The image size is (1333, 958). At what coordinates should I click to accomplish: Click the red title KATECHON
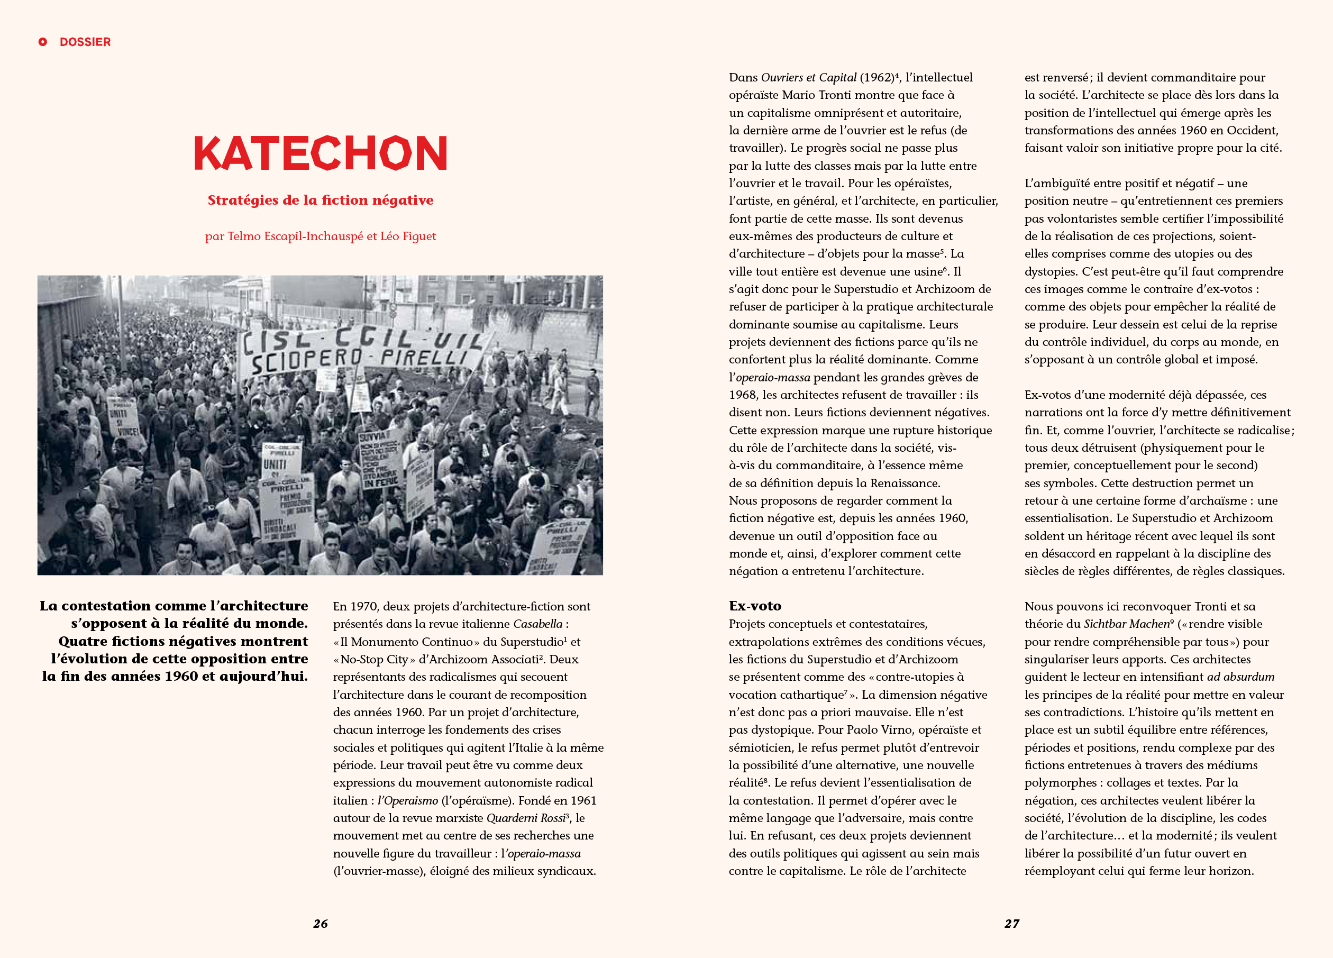pos(321,153)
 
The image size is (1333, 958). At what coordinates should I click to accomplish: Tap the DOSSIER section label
pos(85,42)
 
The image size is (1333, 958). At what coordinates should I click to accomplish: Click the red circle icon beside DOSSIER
pos(43,42)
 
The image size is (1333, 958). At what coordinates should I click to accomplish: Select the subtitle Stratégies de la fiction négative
pos(321,200)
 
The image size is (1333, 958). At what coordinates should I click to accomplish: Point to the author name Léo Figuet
pos(408,236)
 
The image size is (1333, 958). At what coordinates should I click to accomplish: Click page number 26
pos(321,923)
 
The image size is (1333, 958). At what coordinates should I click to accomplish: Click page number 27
pos(1011,923)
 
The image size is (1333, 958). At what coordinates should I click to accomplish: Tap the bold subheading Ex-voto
pos(755,606)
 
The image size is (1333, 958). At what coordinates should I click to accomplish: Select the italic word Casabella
pos(538,624)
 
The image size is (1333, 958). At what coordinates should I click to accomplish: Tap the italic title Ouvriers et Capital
pos(808,78)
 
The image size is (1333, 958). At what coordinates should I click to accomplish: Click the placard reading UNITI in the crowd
pos(275,464)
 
